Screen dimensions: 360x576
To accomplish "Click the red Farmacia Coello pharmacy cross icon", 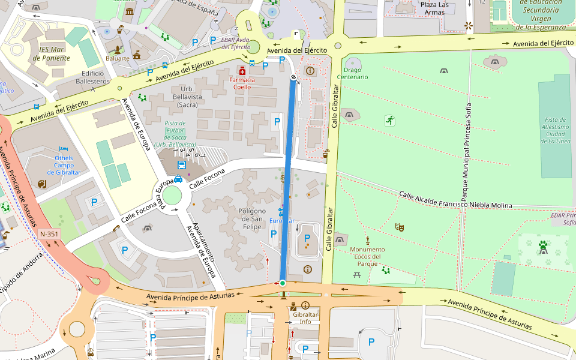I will [x=242, y=71].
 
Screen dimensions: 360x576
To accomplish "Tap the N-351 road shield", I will [x=49, y=233].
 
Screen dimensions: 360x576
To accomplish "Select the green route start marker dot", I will [x=282, y=283].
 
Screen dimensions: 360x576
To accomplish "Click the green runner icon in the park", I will [x=390, y=121].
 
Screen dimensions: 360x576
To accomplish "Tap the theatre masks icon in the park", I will [x=399, y=227].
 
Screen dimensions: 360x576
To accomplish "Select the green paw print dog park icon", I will [x=543, y=245].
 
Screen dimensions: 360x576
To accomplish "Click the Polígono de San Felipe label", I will [x=252, y=215].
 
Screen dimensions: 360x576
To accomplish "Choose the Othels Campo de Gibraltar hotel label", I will [x=67, y=165].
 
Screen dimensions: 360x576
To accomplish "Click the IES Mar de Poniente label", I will [x=50, y=54].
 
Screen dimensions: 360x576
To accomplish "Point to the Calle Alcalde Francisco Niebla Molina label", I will [x=456, y=200].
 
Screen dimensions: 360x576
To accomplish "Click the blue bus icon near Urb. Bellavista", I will [x=181, y=164].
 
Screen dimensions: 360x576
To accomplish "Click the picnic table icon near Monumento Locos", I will [x=357, y=274].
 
